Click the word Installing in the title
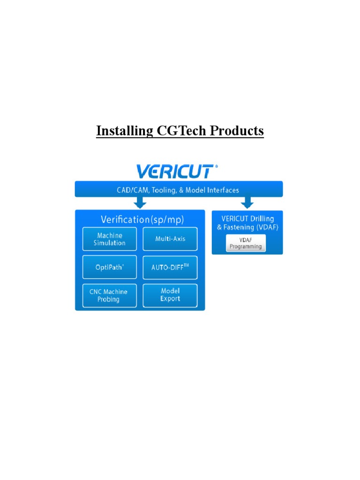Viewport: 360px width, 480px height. coord(123,131)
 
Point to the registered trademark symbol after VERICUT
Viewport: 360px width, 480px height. coord(216,166)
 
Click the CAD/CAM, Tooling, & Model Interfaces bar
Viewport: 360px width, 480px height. coord(179,190)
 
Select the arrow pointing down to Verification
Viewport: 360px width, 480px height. coord(140,202)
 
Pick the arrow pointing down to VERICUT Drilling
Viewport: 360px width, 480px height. coord(247,202)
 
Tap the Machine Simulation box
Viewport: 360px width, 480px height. coord(110,239)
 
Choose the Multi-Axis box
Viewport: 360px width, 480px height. coord(170,239)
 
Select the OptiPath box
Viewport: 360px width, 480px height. coord(110,267)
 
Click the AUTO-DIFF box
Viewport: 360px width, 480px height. coord(170,267)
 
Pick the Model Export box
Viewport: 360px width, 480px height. coord(170,295)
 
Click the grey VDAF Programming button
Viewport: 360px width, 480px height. coord(246,243)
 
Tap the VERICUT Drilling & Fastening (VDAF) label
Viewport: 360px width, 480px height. coord(248,223)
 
